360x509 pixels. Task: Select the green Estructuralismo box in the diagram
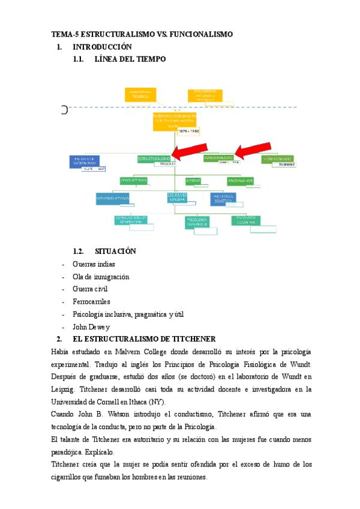(x=154, y=158)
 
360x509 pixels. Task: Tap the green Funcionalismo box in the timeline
(x=218, y=158)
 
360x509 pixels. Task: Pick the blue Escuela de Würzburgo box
(x=84, y=160)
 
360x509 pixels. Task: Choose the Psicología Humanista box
(x=198, y=221)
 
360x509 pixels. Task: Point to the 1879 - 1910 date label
(x=188, y=130)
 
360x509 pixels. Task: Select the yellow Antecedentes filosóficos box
(x=140, y=94)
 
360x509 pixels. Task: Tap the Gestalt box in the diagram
(x=193, y=180)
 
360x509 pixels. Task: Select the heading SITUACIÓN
(x=116, y=251)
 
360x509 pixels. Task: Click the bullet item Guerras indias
(x=94, y=264)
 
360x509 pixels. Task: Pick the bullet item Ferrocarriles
(x=91, y=302)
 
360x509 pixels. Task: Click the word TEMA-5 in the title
(x=65, y=34)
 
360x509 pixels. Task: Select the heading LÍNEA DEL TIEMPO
(x=126, y=59)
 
